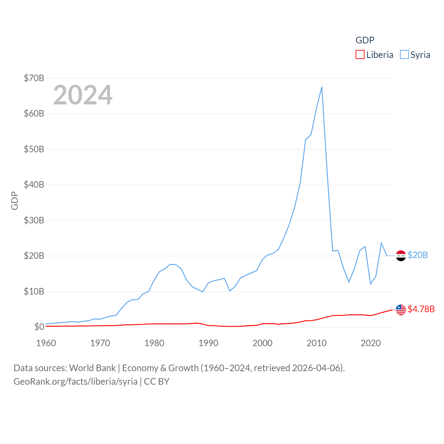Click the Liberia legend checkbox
[x=360, y=55]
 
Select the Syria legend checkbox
[x=404, y=55]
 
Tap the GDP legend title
[x=365, y=40]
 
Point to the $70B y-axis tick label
[x=34, y=78]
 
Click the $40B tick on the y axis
[x=34, y=185]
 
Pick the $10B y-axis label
[x=34, y=291]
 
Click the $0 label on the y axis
[x=39, y=327]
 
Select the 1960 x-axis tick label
[x=46, y=343]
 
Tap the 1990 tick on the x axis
[x=208, y=343]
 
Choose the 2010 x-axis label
[x=317, y=343]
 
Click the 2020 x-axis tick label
[x=371, y=343]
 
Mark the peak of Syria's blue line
[x=322, y=87]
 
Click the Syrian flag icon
[x=401, y=256]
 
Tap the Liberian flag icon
[x=401, y=310]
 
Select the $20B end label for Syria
[x=418, y=255]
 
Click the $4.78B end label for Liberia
[x=421, y=309]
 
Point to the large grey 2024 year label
[x=83, y=95]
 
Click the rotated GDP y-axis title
[x=15, y=200]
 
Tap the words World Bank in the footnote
[x=92, y=368]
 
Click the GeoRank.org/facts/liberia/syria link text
[x=76, y=382]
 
